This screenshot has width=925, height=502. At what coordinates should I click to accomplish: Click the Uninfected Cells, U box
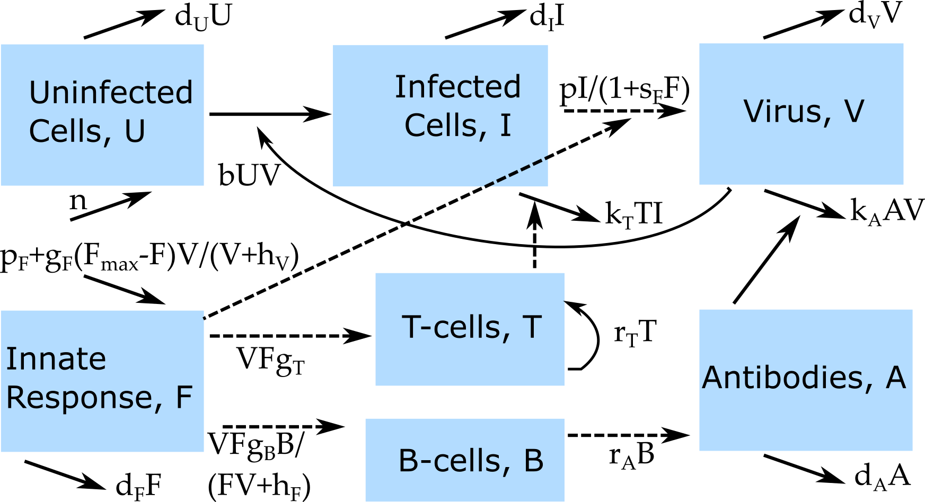click(102, 114)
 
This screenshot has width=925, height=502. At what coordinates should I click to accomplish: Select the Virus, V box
click(801, 114)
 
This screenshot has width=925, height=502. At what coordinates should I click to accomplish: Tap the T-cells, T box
click(470, 329)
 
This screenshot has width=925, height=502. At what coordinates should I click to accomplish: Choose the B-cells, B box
click(465, 460)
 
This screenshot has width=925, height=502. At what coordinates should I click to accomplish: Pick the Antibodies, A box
click(806, 380)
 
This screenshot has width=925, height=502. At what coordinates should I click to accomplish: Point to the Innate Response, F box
click(102, 381)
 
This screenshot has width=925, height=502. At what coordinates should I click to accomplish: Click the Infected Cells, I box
click(440, 115)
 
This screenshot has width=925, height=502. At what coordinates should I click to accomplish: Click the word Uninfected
click(111, 93)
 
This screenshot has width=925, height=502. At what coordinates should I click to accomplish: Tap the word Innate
click(56, 359)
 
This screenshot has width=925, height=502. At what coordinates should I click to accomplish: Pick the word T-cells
click(456, 327)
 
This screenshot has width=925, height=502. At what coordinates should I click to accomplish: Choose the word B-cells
click(454, 461)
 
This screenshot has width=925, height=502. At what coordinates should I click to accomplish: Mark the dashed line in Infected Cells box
click(516, 171)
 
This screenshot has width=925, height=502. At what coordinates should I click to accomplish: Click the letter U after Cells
click(135, 131)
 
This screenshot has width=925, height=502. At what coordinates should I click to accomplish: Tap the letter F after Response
click(184, 398)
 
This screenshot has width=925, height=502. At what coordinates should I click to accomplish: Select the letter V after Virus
click(854, 111)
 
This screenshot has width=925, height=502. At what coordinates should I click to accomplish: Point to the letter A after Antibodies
click(896, 378)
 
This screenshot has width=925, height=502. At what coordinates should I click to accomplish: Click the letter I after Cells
click(505, 125)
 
